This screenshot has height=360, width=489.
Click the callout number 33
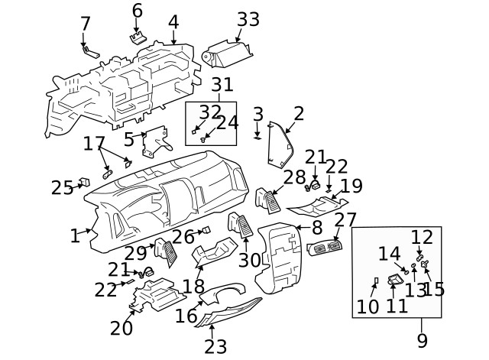click(248, 19)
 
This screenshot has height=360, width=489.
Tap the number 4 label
click(173, 21)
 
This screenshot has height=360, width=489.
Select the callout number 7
click(86, 24)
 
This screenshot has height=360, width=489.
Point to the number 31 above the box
click(222, 86)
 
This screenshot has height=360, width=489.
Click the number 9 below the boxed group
click(422, 340)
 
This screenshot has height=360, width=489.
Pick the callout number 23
click(215, 347)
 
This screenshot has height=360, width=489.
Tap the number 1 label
click(75, 236)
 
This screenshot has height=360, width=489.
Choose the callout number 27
click(345, 220)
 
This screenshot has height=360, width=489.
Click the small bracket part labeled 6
click(138, 38)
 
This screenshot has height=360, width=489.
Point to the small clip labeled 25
click(86, 182)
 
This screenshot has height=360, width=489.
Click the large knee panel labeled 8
click(278, 260)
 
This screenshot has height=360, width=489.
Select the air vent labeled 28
click(270, 199)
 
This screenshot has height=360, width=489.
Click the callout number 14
click(389, 254)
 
